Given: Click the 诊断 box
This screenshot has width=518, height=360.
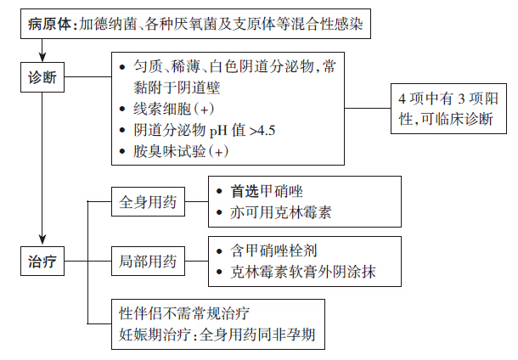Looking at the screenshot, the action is click(x=42, y=77).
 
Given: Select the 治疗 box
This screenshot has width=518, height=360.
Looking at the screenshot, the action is click(x=42, y=261).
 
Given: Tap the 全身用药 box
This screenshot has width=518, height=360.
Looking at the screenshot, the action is click(x=148, y=202).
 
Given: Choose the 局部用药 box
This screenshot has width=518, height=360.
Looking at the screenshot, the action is click(x=148, y=261).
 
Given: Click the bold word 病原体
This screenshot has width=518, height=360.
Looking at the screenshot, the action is click(x=49, y=24).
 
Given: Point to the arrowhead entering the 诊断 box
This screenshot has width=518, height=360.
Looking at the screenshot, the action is click(x=42, y=57).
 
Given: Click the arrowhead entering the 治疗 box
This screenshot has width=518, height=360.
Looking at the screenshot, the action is click(x=42, y=240).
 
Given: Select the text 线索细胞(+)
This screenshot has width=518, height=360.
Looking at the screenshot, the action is click(x=173, y=109).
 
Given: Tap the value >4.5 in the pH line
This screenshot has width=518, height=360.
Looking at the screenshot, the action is click(x=262, y=131).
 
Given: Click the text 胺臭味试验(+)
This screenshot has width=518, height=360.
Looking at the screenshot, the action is click(x=181, y=152).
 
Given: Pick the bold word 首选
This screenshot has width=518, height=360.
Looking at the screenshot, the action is click(x=245, y=192).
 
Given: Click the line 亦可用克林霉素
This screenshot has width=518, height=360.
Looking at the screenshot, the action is click(x=281, y=213).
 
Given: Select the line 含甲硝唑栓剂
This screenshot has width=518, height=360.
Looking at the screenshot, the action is click(x=273, y=251).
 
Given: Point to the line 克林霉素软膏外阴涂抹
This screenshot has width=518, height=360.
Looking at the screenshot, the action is click(x=303, y=273).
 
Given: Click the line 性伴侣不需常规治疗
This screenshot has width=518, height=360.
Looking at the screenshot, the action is click(x=184, y=313).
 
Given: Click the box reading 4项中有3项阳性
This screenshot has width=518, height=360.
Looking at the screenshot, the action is click(x=448, y=109).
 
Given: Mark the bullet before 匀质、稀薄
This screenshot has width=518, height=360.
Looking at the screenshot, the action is click(x=122, y=67).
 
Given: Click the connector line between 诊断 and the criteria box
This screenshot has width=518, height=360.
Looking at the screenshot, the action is click(x=87, y=77).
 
